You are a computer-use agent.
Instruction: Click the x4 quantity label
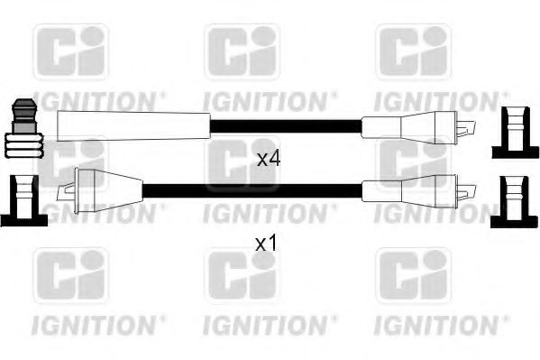pyautogui.click(x=269, y=160)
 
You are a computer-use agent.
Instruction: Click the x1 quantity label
pyautogui.click(x=266, y=244)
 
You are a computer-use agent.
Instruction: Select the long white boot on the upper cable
pyautogui.click(x=133, y=125)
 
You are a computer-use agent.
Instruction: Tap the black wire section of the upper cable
pyautogui.click(x=286, y=126)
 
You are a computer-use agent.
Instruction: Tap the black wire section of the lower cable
pyautogui.click(x=252, y=190)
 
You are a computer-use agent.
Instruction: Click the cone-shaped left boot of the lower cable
pyautogui.click(x=109, y=191)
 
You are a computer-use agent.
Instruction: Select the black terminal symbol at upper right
pyautogui.click(x=515, y=132)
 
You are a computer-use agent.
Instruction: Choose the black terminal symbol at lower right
pyautogui.click(x=514, y=201)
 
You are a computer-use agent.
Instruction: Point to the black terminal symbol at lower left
pyautogui.click(x=23, y=200)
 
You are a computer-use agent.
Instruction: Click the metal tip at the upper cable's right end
pyautogui.click(x=466, y=128)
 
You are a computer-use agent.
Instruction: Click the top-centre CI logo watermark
pyautogui.click(x=243, y=51)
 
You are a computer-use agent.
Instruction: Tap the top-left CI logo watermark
pyautogui.click(x=71, y=51)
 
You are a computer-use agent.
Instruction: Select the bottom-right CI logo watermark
pyautogui.click(x=413, y=275)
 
